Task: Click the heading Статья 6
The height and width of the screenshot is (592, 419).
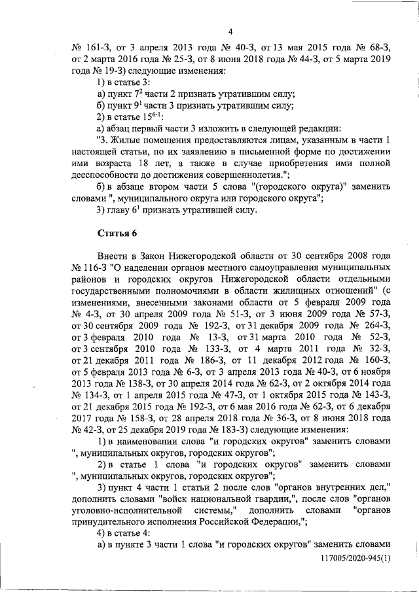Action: coord(117,232)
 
